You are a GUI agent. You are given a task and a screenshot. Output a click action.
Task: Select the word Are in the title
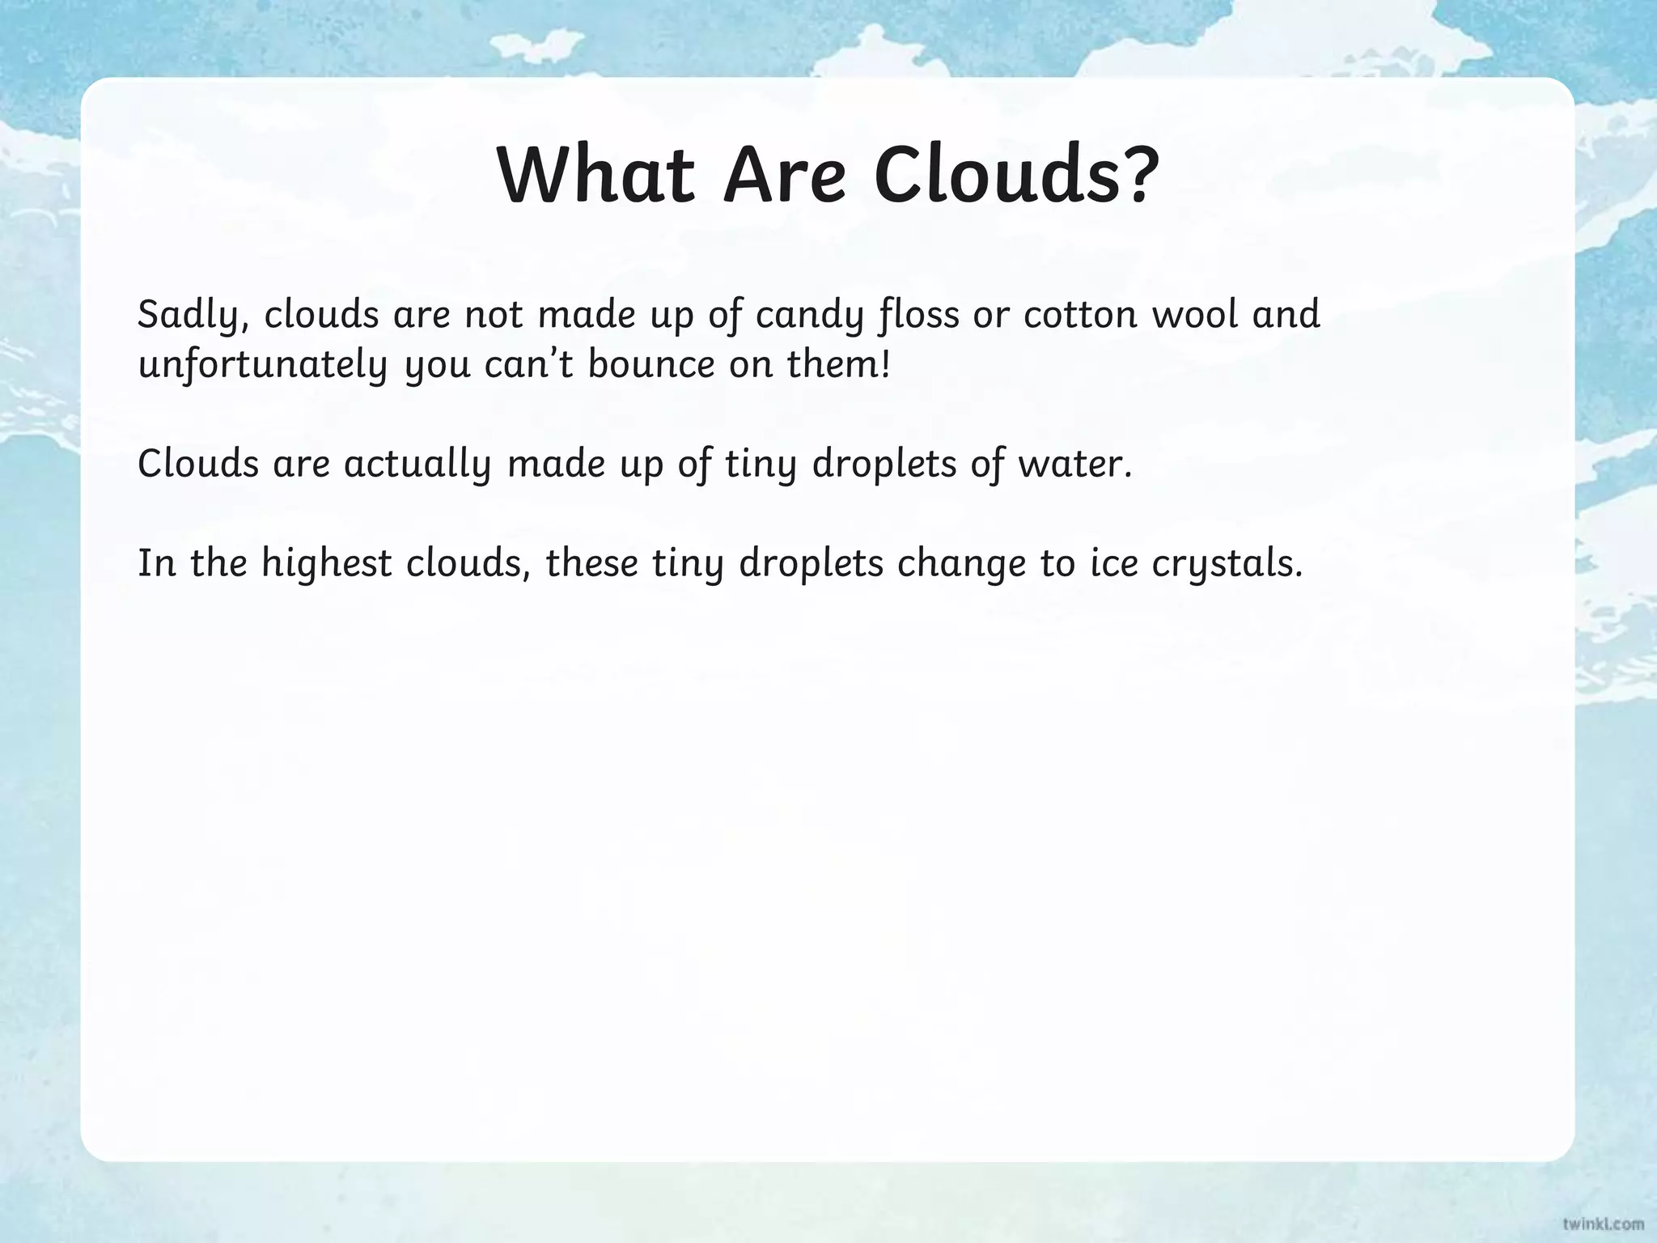tap(784, 176)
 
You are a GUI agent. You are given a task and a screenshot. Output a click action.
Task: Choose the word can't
tap(529, 365)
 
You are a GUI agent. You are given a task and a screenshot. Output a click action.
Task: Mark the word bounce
tap(651, 365)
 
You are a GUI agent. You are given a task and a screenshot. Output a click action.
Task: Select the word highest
tap(327, 564)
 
